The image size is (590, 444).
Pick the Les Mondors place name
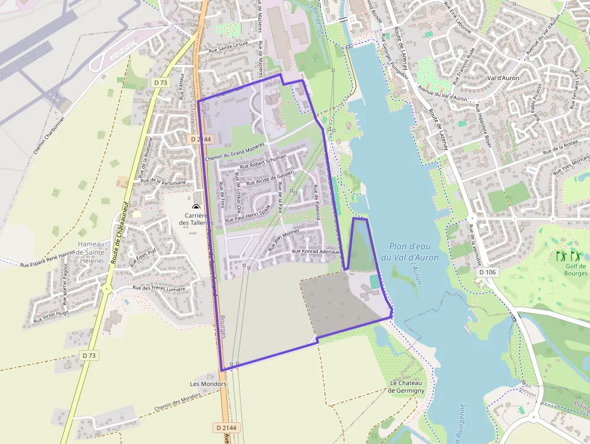tap(208, 384)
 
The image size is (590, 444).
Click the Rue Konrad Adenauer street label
tap(316, 251)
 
